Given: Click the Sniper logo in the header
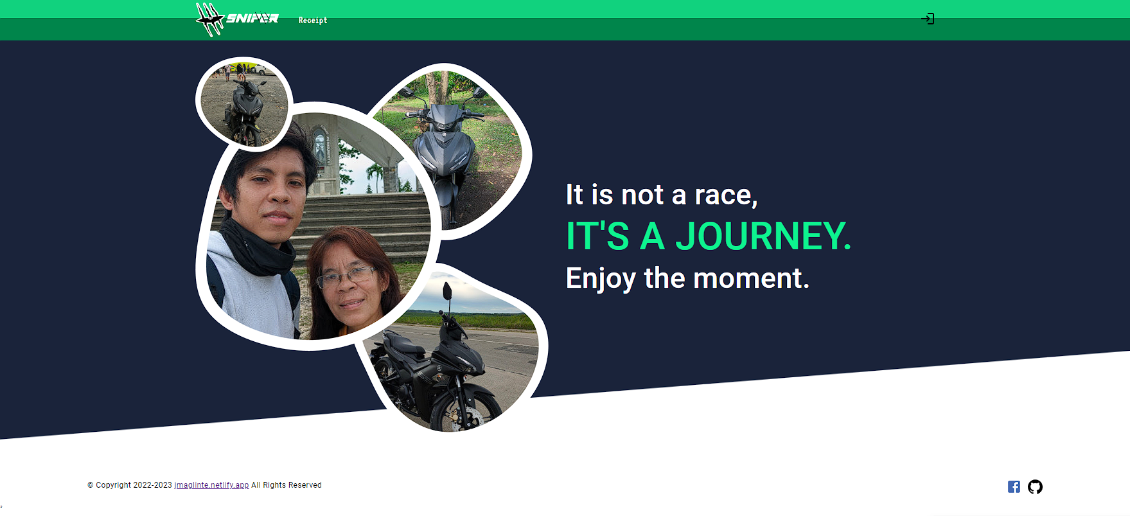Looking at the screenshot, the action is click(237, 19).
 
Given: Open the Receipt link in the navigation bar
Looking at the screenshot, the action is click(313, 21).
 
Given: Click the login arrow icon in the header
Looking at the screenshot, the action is click(928, 19).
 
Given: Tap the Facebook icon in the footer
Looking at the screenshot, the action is click(1014, 487).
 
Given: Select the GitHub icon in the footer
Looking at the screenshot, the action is click(1035, 487).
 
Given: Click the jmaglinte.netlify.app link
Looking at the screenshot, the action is click(211, 485).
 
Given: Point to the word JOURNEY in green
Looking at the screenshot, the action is click(763, 236).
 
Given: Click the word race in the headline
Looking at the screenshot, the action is click(726, 195).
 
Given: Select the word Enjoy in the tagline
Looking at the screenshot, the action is click(601, 279).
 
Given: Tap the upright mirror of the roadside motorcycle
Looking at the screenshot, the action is click(447, 292).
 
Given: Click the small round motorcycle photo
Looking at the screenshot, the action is click(244, 103).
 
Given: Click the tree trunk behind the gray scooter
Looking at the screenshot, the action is click(443, 87).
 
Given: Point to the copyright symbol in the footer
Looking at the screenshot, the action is click(91, 485).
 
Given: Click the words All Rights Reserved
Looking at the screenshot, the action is click(287, 485).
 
